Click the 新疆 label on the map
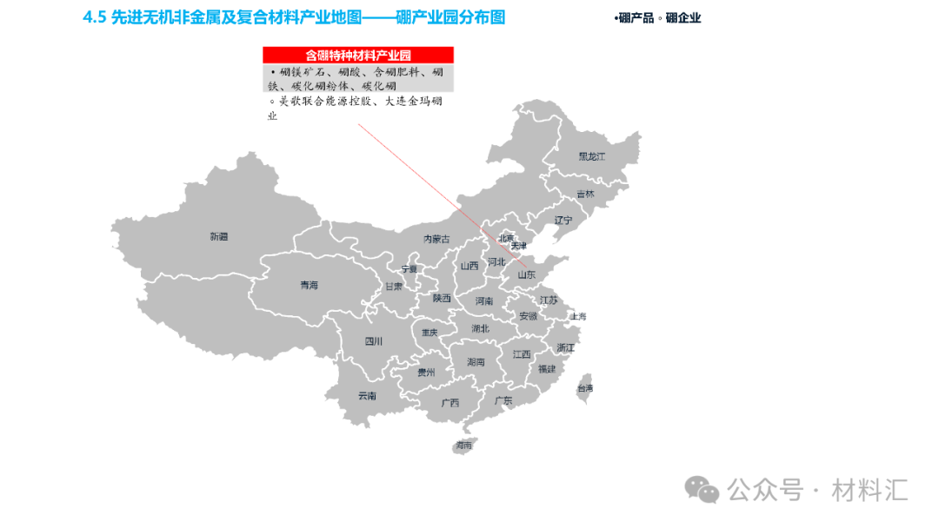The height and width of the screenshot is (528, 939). click(x=218, y=236)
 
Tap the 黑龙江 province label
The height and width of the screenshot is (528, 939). click(x=591, y=157)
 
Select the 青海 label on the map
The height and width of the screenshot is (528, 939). click(x=309, y=285)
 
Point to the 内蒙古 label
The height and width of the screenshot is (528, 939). click(x=436, y=239)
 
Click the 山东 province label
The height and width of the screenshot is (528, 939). click(x=527, y=274)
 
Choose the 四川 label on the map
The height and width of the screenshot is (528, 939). click(x=373, y=341)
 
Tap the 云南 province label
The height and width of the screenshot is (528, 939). click(x=367, y=396)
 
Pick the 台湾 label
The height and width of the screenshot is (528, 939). click(x=585, y=388)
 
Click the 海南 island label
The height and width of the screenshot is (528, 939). click(x=463, y=445)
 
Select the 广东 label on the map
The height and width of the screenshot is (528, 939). click(x=503, y=400)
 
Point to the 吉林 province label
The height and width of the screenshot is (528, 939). click(x=585, y=195)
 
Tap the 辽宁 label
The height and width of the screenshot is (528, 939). click(x=563, y=221)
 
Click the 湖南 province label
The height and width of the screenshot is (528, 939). click(x=476, y=361)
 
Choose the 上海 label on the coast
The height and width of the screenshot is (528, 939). click(x=578, y=317)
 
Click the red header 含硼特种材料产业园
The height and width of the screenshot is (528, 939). click(x=358, y=55)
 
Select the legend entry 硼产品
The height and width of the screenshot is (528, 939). click(x=635, y=17)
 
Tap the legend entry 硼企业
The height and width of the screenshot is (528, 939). click(x=682, y=17)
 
